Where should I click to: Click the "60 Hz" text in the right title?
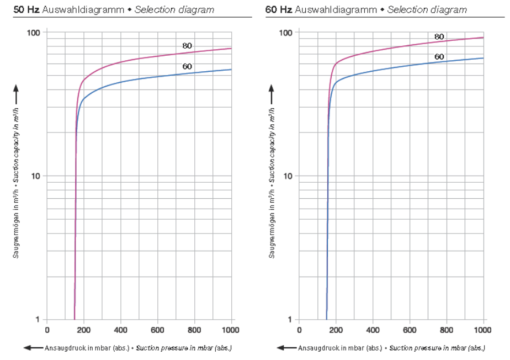click(x=278, y=10)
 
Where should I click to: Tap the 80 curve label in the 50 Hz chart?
click(x=187, y=46)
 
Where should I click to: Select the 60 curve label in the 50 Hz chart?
click(x=187, y=67)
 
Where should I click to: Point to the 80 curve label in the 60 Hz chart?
click(x=439, y=37)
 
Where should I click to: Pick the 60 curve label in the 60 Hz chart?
click(x=439, y=56)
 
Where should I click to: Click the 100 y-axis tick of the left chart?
click(x=35, y=33)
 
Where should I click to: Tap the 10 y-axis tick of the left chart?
click(x=37, y=176)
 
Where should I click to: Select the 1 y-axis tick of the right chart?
click(x=291, y=320)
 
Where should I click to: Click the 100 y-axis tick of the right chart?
click(x=287, y=33)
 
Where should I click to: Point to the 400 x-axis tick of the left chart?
click(x=120, y=330)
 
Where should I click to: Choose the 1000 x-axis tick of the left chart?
click(x=230, y=330)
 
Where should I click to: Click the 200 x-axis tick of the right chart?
click(x=336, y=330)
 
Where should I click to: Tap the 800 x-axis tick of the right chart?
click(x=446, y=330)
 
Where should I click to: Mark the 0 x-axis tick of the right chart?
click(x=299, y=330)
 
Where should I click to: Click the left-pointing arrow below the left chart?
click(x=33, y=348)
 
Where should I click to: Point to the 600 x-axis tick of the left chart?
click(x=157, y=330)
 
